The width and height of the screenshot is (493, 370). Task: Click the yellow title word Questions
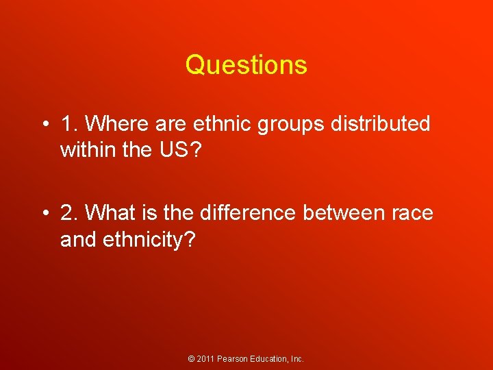[x=246, y=65]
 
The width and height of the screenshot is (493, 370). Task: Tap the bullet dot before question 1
[x=44, y=124]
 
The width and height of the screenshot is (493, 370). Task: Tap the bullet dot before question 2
[x=44, y=213]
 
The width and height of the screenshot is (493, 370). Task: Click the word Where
[x=111, y=124]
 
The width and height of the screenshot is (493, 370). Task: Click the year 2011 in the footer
[x=207, y=359]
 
